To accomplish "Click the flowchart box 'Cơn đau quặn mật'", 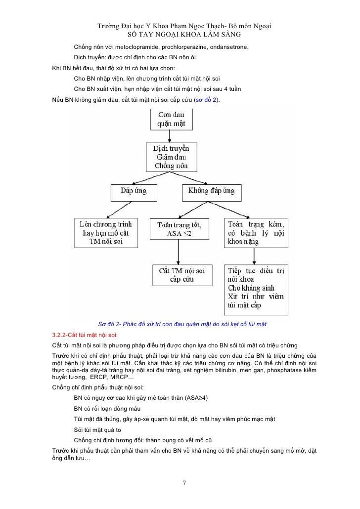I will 171,120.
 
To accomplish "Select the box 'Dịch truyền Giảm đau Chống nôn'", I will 171,157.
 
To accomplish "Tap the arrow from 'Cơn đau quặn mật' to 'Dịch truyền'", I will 171,137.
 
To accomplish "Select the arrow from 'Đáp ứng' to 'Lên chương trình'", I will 128,208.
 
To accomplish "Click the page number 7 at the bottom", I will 184,483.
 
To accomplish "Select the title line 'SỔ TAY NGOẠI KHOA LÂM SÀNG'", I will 184,35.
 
